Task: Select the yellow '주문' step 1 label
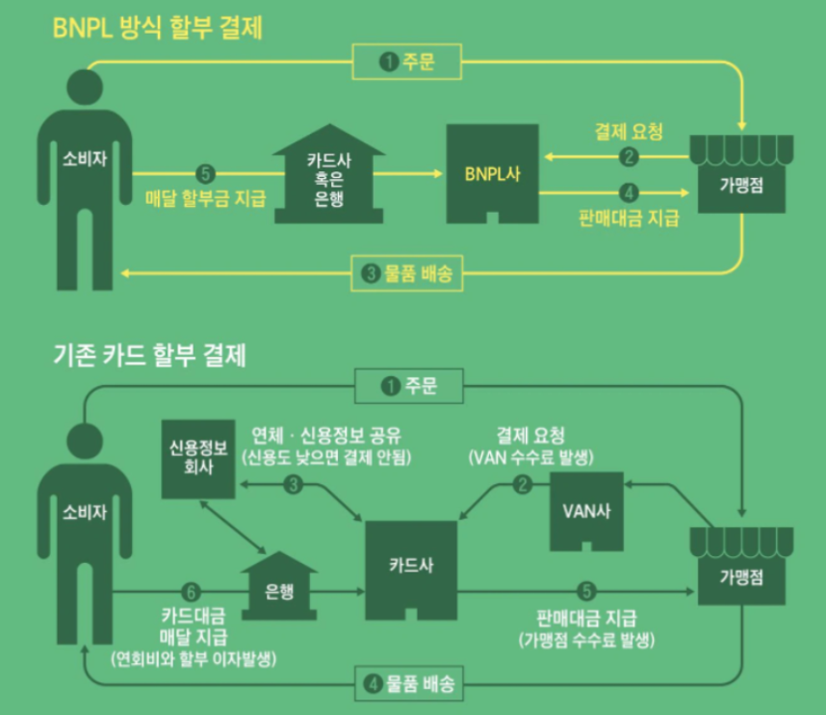[x=408, y=63]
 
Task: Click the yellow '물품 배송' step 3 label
[x=408, y=274]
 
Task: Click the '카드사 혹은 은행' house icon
[x=328, y=178]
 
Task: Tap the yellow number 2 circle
[x=629, y=157]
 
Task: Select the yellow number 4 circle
[x=629, y=192]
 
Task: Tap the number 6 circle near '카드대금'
[x=192, y=591]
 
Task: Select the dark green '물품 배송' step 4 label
[x=408, y=684]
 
